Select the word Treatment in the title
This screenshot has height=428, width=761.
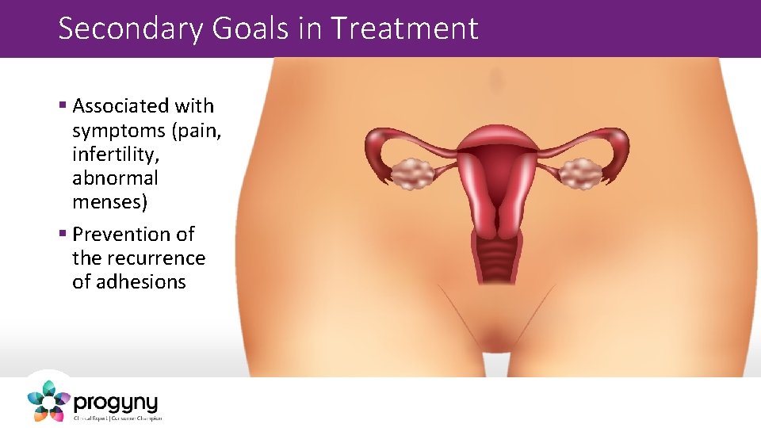coord(404,29)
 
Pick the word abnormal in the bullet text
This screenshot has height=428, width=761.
coord(115,178)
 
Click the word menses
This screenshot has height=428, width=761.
coord(107,202)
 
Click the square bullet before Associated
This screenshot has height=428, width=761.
coord(63,106)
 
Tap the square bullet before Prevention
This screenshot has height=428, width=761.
coord(63,235)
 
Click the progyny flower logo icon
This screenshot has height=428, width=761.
coord(48,401)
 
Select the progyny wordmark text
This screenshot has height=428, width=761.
coord(116,402)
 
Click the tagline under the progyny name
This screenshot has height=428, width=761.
coord(117,418)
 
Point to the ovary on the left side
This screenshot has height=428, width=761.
coord(411,173)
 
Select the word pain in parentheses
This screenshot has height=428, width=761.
coord(198,130)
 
